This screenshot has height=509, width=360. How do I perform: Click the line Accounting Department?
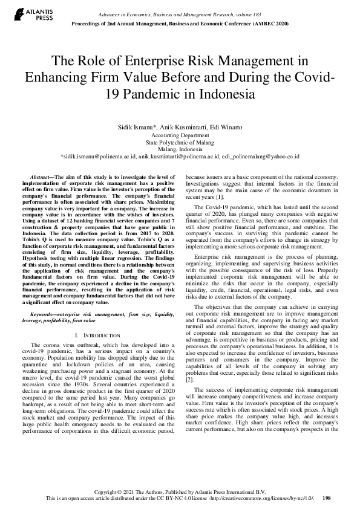click(x=180, y=136)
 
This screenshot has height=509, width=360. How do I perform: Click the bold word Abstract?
click(x=44, y=174)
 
